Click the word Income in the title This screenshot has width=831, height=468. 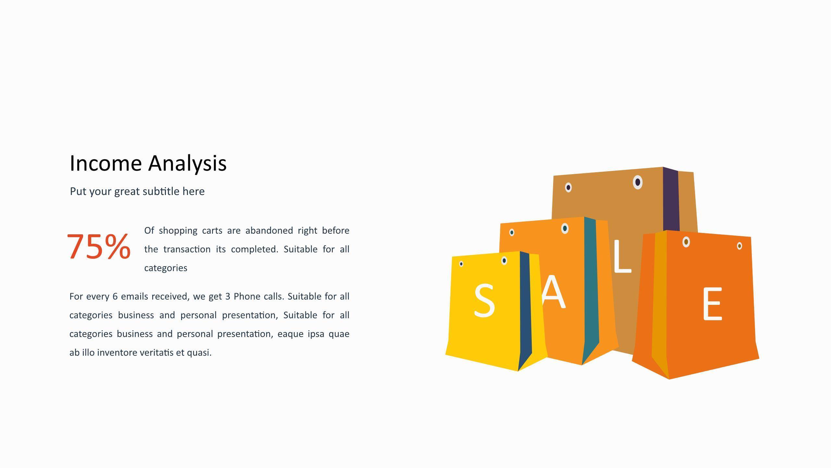coord(106,163)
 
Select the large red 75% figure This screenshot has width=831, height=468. coord(99,247)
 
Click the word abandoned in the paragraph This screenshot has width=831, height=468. coord(269,230)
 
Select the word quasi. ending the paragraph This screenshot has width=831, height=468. coord(199,353)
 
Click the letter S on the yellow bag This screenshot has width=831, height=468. coord(484,300)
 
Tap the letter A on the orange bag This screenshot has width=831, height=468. coord(554,292)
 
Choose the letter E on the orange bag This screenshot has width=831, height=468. coord(712,304)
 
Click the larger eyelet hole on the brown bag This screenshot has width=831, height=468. coord(638,182)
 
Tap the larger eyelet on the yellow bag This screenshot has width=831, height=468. coord(504,260)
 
